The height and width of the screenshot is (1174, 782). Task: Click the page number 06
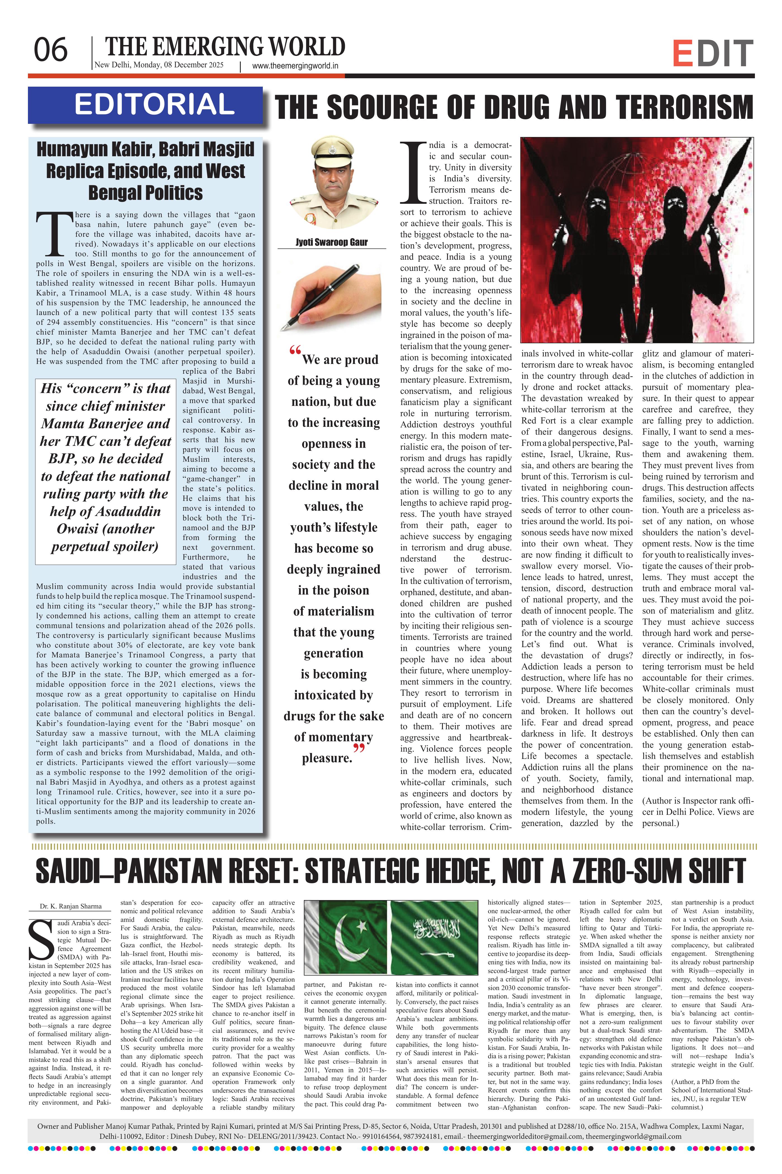(50, 50)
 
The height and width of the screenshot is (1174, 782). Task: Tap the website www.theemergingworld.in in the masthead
(295, 65)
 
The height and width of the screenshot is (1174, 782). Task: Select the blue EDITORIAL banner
(145, 105)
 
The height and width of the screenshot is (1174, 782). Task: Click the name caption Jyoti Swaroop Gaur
(332, 242)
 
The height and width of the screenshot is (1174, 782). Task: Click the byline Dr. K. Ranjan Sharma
(71, 906)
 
